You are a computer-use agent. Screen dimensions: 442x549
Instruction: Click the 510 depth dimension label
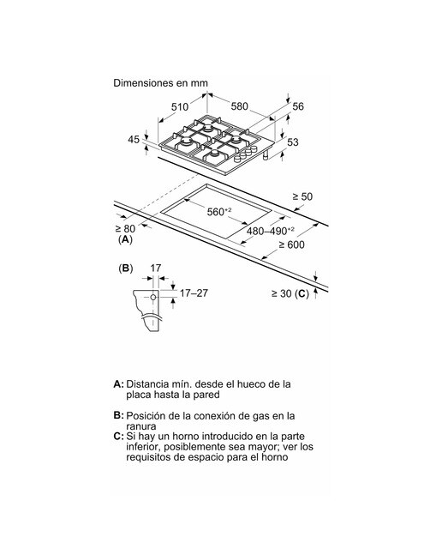(x=180, y=106)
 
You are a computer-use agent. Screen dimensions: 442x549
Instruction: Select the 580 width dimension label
(x=240, y=106)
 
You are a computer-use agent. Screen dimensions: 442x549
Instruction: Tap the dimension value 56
(x=298, y=106)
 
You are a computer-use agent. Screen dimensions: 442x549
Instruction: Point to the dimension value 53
(x=293, y=142)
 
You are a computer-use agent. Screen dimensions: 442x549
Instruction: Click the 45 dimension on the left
(x=134, y=139)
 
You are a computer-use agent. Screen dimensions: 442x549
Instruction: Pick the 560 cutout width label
(x=219, y=212)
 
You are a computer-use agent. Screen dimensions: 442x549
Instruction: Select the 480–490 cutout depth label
(x=271, y=231)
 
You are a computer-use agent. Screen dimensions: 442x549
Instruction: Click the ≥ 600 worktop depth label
(x=291, y=244)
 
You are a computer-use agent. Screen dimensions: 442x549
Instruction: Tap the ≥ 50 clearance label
(x=302, y=196)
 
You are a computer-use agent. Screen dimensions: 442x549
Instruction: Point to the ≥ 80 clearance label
(x=125, y=229)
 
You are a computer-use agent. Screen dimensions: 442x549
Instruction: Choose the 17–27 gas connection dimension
(x=194, y=293)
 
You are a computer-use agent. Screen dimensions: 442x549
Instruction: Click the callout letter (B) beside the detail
(x=126, y=268)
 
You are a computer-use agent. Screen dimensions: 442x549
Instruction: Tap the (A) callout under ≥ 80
(x=126, y=240)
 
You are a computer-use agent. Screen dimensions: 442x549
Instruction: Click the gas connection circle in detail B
(x=153, y=298)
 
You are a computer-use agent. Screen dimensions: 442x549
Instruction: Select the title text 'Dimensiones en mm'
(x=160, y=83)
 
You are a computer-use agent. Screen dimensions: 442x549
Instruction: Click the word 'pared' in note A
(x=207, y=395)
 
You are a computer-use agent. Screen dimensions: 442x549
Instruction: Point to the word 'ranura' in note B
(x=141, y=426)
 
